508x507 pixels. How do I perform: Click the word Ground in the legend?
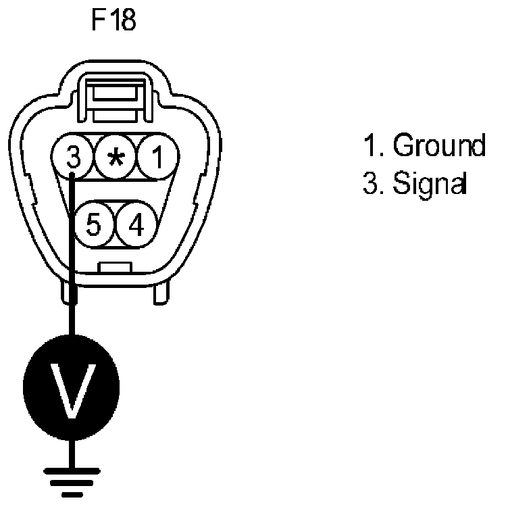click(x=439, y=146)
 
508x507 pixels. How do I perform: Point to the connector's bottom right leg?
click(x=161, y=292)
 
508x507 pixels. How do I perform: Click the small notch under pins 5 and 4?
click(x=115, y=268)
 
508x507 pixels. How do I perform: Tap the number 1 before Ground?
click(x=368, y=146)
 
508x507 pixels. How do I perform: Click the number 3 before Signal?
click(x=369, y=183)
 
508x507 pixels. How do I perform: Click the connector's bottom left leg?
click(x=68, y=292)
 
